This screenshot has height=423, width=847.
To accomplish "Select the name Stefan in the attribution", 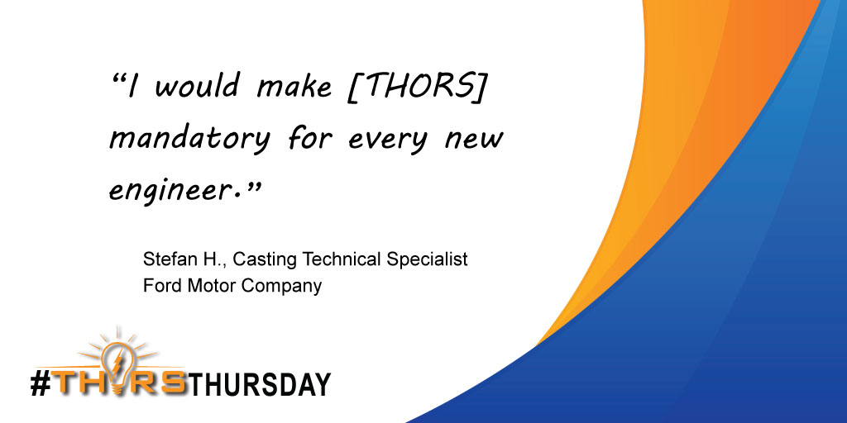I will coord(165,259).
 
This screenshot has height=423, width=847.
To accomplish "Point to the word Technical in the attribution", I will coord(340,259).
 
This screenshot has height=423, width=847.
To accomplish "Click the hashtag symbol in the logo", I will coord(41,383).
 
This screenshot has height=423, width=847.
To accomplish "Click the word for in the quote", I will coord(307,136).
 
